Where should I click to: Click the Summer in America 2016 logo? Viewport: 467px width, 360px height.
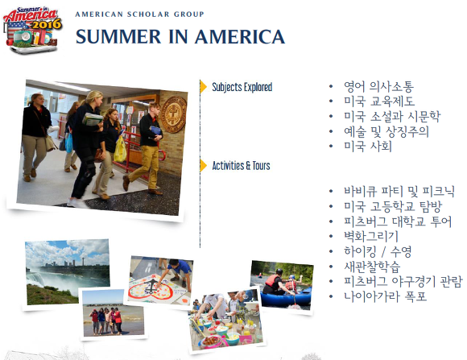pyautogui.click(x=32, y=30)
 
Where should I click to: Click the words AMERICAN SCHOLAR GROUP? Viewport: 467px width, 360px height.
pyautogui.click(x=139, y=14)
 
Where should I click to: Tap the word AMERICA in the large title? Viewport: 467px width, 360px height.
pyautogui.click(x=240, y=37)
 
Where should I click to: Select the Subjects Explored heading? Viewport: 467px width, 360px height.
pyautogui.click(x=242, y=87)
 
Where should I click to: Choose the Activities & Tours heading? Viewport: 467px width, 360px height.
pyautogui.click(x=241, y=166)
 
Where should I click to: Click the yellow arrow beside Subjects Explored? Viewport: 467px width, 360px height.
pyautogui.click(x=204, y=87)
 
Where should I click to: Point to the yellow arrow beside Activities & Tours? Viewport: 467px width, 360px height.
pyautogui.click(x=204, y=166)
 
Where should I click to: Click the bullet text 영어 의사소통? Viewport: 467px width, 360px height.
pyautogui.click(x=378, y=87)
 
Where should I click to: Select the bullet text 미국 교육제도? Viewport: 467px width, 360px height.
pyautogui.click(x=379, y=101)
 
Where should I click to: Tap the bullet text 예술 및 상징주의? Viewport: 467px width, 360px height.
pyautogui.click(x=386, y=132)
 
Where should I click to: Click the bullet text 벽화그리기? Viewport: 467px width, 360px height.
pyautogui.click(x=371, y=237)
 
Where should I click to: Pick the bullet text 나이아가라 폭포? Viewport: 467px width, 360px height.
pyautogui.click(x=386, y=296)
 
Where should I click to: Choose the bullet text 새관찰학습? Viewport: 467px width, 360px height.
pyautogui.click(x=372, y=267)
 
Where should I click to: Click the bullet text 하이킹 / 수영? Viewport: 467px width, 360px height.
pyautogui.click(x=378, y=251)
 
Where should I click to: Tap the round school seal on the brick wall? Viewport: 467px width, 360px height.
pyautogui.click(x=174, y=114)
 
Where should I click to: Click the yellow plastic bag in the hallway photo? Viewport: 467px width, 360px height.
pyautogui.click(x=120, y=149)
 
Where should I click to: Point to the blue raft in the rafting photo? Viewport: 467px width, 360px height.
pyautogui.click(x=286, y=296)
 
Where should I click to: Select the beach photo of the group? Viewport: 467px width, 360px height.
pyautogui.click(x=114, y=313)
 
